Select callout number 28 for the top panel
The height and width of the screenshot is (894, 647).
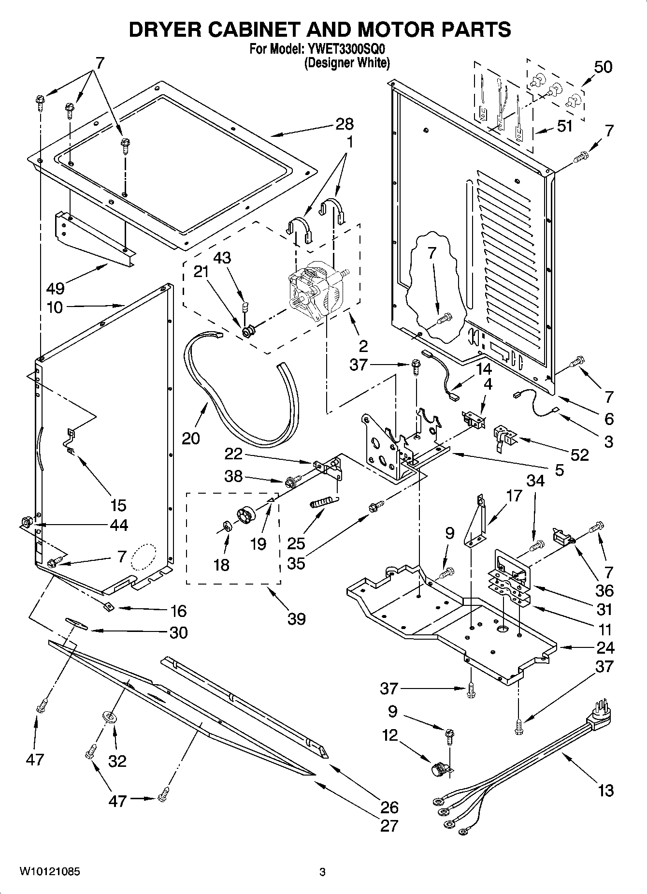pos(345,124)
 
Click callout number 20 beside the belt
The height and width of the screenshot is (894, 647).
pos(191,438)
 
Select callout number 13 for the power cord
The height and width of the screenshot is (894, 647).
pos(605,791)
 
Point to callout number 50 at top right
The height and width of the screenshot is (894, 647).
pos(603,67)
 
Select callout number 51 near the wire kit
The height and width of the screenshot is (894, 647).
pos(564,126)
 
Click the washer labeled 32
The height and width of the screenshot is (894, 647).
pos(110,717)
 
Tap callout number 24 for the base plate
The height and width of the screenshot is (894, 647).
pos(605,647)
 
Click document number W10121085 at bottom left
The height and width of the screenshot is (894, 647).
pos(50,872)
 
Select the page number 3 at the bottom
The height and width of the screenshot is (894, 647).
pos(322,873)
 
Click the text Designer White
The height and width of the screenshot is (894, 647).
pos(346,63)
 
